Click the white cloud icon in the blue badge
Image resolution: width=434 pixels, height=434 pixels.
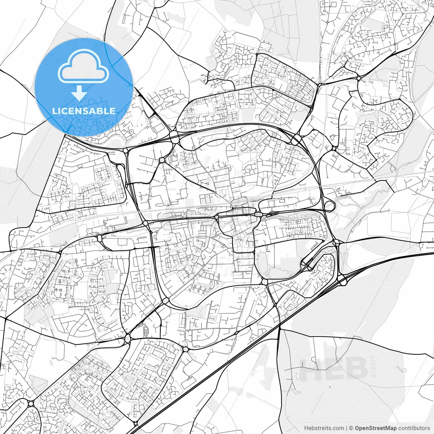pyautogui.click(x=83, y=66)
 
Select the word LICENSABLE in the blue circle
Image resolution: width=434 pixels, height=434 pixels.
pyautogui.click(x=84, y=111)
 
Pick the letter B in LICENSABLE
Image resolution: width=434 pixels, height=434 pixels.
pyautogui.click(x=101, y=111)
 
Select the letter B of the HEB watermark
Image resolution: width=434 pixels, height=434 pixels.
pyautogui.click(x=357, y=369)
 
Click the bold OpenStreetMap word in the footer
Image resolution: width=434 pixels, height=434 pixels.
pyautogui.click(x=375, y=428)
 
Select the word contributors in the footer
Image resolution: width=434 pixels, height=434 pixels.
pyautogui.click(x=414, y=428)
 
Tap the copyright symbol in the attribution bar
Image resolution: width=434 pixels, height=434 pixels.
pyautogui.click(x=351, y=428)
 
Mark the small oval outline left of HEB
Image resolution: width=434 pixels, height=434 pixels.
pyautogui.click(x=297, y=376)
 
